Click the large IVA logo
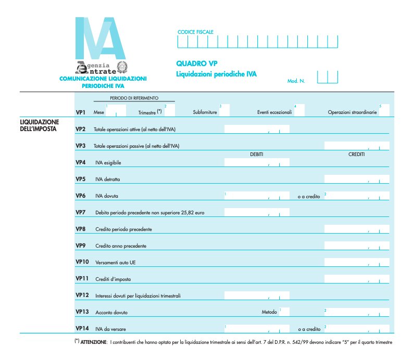(100, 38)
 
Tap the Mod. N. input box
(327, 78)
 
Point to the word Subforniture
(204, 112)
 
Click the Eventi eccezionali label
(274, 112)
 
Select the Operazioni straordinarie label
(353, 112)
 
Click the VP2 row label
(80, 128)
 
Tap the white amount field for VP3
(356, 146)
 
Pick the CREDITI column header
(356, 155)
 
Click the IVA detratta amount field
(356, 179)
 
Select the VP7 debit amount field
(256, 212)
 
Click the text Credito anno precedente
(121, 246)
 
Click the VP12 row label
(82, 295)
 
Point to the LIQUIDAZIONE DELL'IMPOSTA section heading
(39, 125)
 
